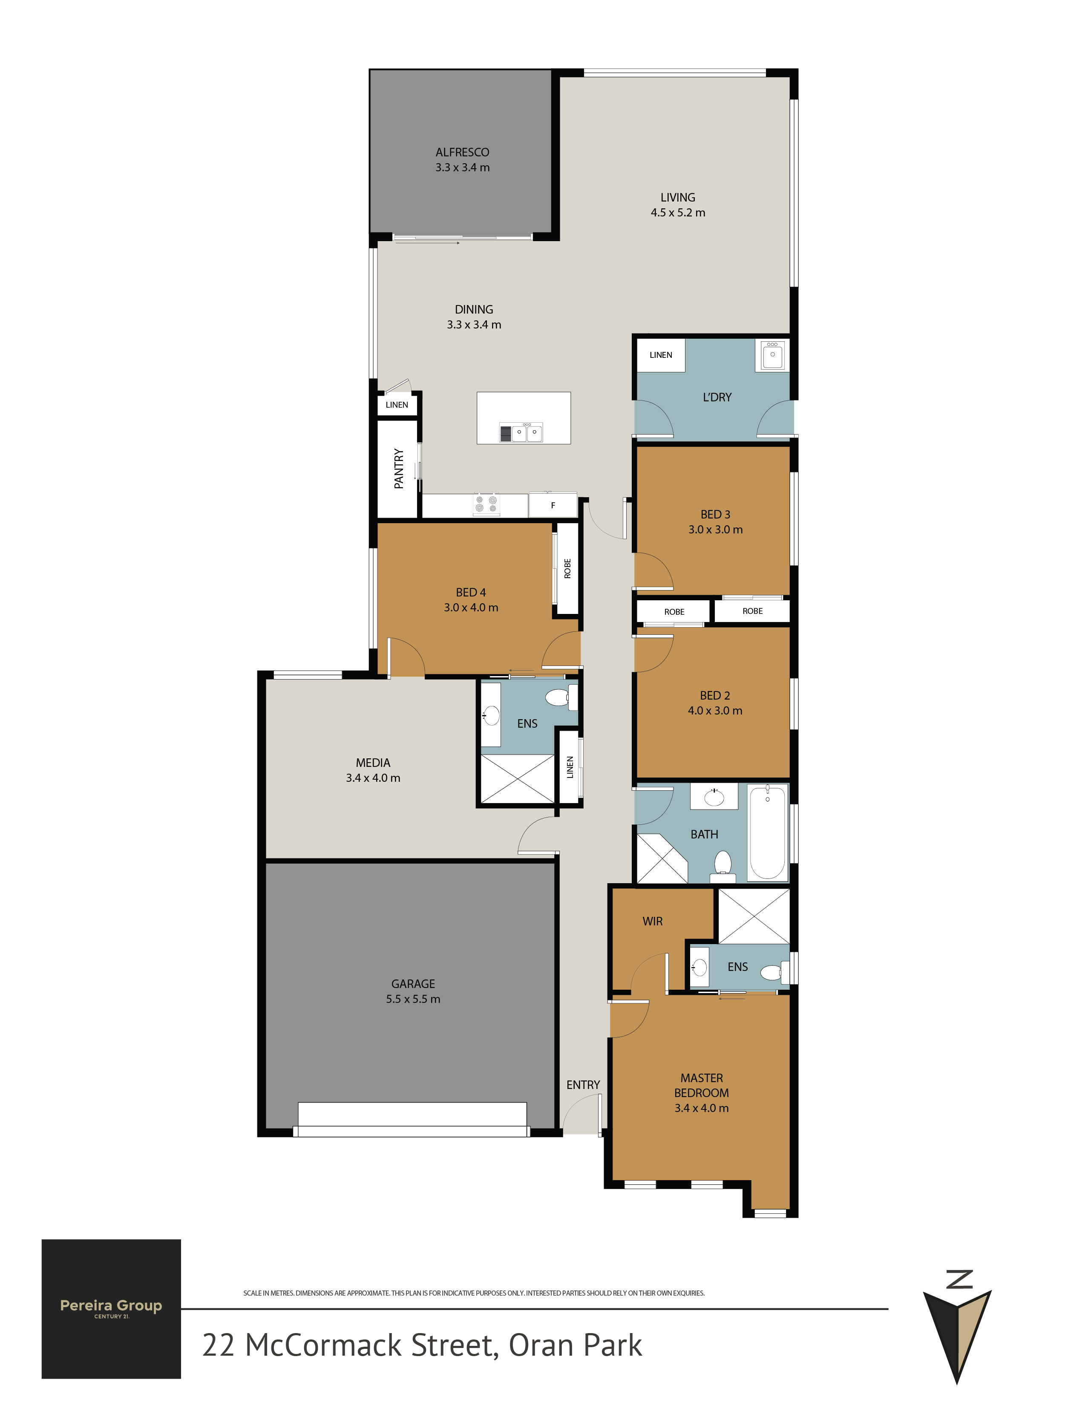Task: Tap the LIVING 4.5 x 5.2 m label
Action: click(x=678, y=205)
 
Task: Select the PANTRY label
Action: click(x=399, y=469)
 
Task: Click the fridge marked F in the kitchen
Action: click(x=553, y=505)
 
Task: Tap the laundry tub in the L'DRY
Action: click(x=772, y=354)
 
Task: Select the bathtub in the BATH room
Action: click(x=768, y=832)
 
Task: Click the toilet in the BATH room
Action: click(x=723, y=866)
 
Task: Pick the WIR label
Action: click(x=652, y=921)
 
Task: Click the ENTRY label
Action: click(x=583, y=1085)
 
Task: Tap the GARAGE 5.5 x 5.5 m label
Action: click(x=413, y=991)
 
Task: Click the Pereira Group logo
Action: click(x=111, y=1309)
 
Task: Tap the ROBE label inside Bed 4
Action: click(x=567, y=569)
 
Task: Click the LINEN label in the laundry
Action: click(x=661, y=355)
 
